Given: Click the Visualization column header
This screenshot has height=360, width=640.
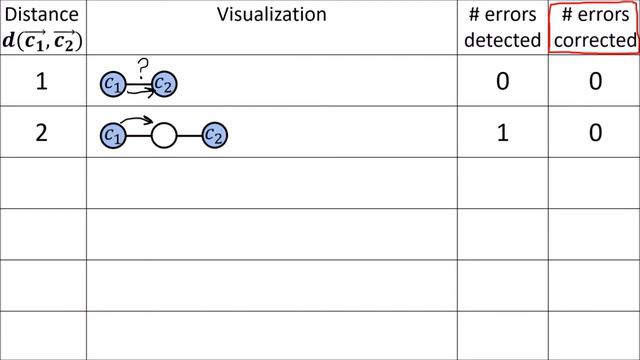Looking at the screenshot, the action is click(x=271, y=14).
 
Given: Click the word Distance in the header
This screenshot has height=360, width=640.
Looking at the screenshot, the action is click(x=42, y=14).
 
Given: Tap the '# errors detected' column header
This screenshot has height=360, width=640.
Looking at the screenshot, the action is click(x=503, y=27).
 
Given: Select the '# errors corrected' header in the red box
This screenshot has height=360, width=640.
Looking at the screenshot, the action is click(x=594, y=27).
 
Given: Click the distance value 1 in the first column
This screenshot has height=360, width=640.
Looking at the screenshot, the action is click(x=42, y=82).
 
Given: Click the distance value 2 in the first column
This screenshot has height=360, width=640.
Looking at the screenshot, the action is click(x=42, y=133).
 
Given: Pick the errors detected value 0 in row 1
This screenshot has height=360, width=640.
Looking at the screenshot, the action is click(x=503, y=82).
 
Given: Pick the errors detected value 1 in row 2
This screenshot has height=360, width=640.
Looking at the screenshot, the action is click(x=503, y=133).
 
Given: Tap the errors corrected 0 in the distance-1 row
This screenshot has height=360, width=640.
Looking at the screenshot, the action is click(x=594, y=82).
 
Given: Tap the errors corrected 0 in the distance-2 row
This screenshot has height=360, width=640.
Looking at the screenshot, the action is click(x=594, y=133).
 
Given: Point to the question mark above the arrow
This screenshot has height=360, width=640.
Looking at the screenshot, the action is click(x=142, y=67).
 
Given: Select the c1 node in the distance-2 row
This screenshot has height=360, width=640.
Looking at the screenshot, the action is click(x=113, y=134).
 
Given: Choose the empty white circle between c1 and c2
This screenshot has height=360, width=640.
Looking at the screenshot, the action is click(x=163, y=134).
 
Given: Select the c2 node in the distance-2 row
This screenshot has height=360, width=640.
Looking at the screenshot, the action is click(x=212, y=134).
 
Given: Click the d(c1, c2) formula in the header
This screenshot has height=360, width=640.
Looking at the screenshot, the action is click(x=42, y=40).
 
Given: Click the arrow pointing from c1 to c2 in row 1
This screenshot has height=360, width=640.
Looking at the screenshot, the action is click(x=139, y=90).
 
